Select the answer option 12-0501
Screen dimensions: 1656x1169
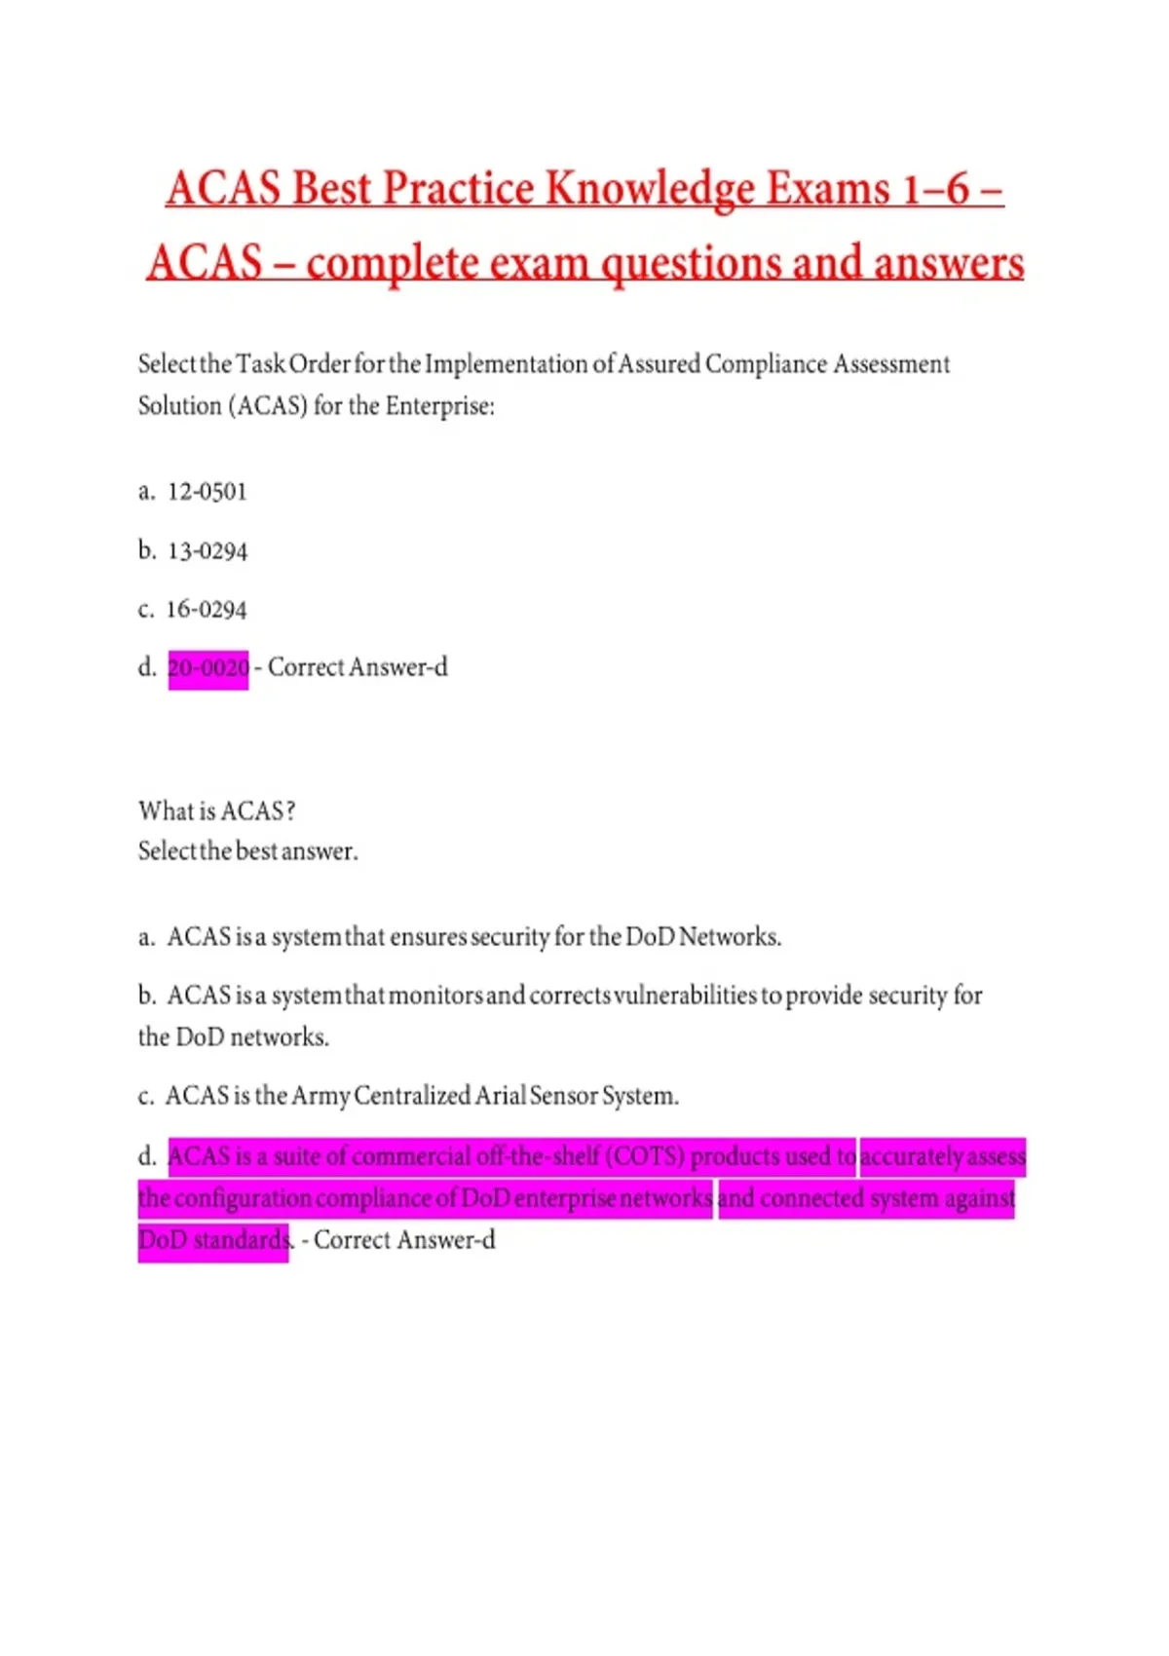point(207,491)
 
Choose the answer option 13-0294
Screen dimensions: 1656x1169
point(207,551)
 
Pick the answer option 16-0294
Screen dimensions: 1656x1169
point(207,610)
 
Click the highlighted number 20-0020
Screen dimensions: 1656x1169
point(208,668)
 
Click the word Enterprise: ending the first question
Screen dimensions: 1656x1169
point(439,406)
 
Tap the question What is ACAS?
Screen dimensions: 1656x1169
point(216,810)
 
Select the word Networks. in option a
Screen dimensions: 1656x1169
point(730,937)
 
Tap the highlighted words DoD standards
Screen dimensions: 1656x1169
point(213,1240)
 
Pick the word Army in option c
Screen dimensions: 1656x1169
point(321,1096)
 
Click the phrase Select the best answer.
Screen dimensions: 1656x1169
point(247,851)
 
